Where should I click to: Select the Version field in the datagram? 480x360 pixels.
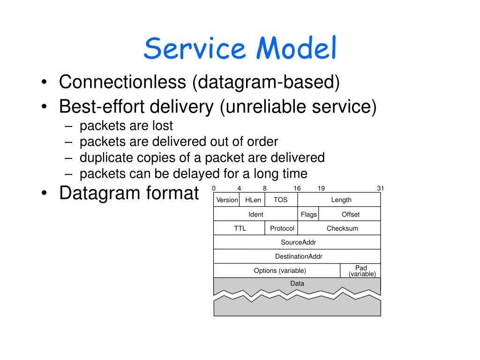click(x=227, y=200)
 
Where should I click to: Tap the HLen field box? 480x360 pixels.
click(x=253, y=200)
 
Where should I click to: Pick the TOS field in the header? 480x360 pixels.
click(x=281, y=200)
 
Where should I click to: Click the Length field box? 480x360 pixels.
click(x=341, y=200)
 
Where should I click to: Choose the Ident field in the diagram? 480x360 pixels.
click(x=256, y=214)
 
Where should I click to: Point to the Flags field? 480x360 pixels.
click(x=309, y=214)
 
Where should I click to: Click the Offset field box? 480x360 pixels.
click(x=350, y=214)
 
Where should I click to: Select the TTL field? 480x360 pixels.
click(x=240, y=228)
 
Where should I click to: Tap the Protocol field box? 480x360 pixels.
click(x=282, y=228)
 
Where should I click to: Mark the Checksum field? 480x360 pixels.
click(x=342, y=228)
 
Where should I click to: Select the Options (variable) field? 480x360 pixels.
click(x=280, y=270)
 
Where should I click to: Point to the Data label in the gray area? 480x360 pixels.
click(x=297, y=284)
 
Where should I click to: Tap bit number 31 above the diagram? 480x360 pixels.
click(x=380, y=188)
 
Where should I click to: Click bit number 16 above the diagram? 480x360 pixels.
click(x=297, y=188)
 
